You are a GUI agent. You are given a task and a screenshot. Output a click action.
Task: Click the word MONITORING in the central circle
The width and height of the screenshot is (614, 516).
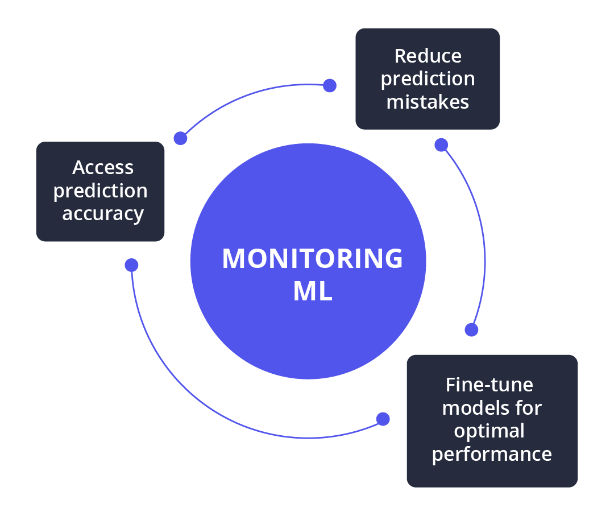tap(312, 259)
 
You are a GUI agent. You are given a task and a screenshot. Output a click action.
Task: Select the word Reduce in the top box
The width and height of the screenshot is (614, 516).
tap(428, 56)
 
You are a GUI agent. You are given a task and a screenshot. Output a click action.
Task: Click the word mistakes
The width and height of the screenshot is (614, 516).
tap(428, 101)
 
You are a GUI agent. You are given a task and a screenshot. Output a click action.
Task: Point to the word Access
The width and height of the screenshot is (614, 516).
tap(103, 167)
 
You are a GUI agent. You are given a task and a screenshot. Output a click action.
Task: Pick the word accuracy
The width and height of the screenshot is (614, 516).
tap(103, 214)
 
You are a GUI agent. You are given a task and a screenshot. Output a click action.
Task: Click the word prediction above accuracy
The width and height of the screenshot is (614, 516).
tap(101, 191)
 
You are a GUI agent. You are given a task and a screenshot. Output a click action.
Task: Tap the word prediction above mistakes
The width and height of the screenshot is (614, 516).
tap(428, 79)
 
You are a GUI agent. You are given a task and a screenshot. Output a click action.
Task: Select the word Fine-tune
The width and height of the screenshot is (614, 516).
tap(489, 385)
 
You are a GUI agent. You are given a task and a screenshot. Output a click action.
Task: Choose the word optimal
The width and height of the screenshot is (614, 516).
tap(489, 431)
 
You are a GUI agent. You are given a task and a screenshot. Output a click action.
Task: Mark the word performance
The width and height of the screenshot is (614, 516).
tap(492, 455)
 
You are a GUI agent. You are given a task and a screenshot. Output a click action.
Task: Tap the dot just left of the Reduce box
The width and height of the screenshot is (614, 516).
tap(330, 86)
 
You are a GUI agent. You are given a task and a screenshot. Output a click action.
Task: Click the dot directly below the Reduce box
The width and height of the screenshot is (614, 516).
tap(441, 145)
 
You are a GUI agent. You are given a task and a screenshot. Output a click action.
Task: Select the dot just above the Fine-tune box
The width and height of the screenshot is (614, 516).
tap(471, 329)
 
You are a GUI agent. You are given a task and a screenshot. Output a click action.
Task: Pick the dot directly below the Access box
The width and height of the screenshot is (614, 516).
tap(131, 265)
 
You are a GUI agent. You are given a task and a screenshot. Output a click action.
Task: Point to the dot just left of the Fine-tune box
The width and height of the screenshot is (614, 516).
tap(383, 419)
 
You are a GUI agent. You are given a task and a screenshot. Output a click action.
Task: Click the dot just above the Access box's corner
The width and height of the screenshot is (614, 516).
tap(180, 138)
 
